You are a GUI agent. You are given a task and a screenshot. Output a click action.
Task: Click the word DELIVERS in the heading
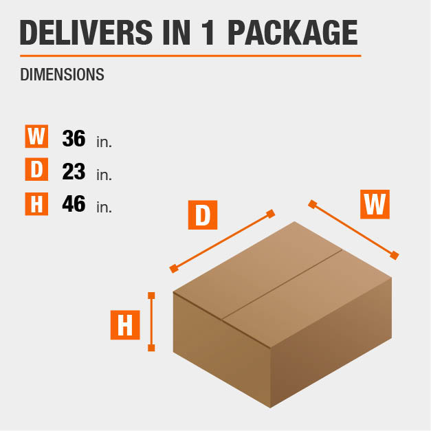tap(86, 32)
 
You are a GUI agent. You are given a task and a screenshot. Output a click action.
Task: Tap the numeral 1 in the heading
tap(208, 32)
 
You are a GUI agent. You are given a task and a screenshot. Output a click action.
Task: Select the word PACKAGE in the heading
tap(293, 32)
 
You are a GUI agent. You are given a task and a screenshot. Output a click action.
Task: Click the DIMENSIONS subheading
tap(62, 74)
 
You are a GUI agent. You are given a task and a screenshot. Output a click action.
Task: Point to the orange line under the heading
tap(190, 56)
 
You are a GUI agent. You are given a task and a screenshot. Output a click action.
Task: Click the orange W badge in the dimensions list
tap(36, 136)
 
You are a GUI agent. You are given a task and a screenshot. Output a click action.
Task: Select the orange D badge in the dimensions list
tap(36, 169)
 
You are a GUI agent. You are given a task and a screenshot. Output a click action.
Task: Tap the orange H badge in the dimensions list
tap(36, 204)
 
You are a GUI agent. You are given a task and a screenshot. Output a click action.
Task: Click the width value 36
tap(74, 138)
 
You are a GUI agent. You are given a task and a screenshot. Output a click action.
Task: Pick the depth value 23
tap(74, 171)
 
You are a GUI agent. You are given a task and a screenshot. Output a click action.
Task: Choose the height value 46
tap(74, 203)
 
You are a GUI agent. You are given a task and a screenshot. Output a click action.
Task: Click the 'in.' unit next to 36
tap(104, 142)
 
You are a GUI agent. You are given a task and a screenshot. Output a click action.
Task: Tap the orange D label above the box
tap(203, 215)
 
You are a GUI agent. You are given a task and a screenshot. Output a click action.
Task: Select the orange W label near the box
tap(375, 204)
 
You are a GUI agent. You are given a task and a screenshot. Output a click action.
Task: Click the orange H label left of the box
tap(125, 325)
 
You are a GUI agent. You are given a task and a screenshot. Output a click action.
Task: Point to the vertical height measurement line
tap(151, 322)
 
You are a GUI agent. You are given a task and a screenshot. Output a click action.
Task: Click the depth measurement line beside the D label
tap(222, 241)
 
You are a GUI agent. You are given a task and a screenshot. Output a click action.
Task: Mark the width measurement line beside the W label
tap(353, 230)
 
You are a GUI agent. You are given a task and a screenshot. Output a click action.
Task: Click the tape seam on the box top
tap(283, 285)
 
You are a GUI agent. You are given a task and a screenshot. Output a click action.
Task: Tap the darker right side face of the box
tap(331, 342)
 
